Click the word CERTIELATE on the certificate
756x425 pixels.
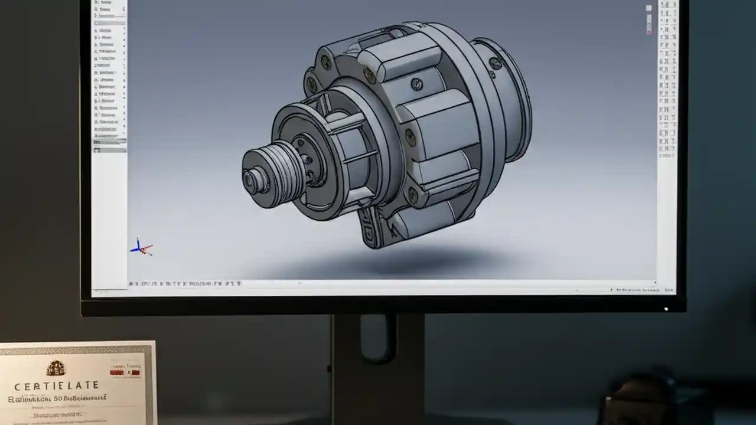coord(56,385)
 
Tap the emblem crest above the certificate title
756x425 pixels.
coord(56,368)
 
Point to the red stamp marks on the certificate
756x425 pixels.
coord(125,371)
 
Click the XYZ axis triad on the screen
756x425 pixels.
coord(141,247)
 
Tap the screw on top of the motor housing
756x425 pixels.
coord(416,84)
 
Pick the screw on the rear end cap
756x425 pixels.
coord(495,63)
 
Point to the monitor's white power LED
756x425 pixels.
coord(666,308)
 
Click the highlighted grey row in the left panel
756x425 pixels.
coord(109,142)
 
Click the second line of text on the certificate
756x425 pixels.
coord(57,400)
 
